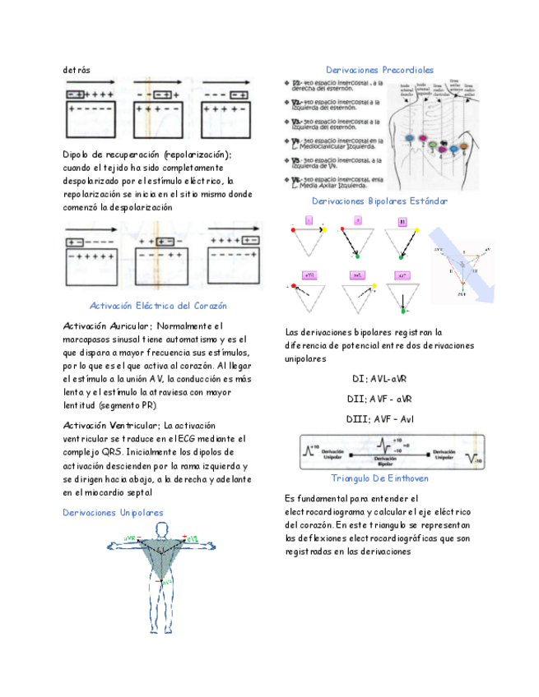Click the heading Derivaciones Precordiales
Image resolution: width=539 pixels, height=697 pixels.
[x=379, y=70]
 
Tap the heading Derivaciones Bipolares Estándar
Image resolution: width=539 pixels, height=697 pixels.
[x=379, y=201]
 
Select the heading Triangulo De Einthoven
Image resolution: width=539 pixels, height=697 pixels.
[x=379, y=478]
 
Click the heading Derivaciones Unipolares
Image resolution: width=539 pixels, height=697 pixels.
[x=113, y=512]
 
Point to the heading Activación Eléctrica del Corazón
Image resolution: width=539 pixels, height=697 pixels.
[x=158, y=306]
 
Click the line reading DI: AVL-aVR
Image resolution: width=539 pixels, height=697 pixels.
[x=379, y=379]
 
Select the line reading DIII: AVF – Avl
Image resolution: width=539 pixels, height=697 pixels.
[x=379, y=419]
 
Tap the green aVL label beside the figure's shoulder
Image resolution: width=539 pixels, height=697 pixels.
[x=192, y=538]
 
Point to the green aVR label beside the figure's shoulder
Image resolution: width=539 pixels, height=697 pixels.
[x=130, y=538]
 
